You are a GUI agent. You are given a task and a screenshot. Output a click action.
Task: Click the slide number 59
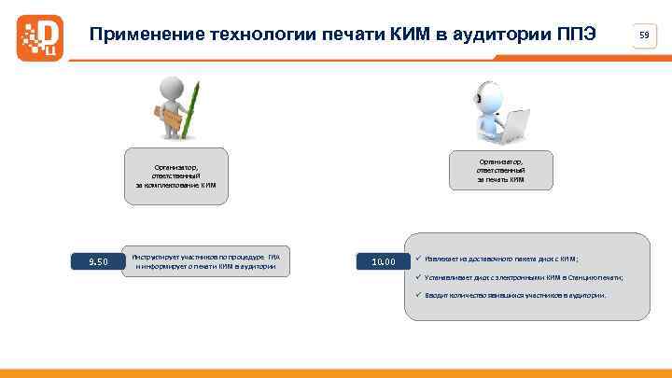(644, 35)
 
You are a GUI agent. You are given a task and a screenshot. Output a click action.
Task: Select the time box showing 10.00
(383, 261)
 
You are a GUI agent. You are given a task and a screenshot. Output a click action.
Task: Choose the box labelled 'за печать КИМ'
(501, 170)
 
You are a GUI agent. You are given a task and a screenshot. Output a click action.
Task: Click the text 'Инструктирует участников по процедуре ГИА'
(205, 255)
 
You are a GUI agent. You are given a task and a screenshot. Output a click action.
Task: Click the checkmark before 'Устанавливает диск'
(420, 277)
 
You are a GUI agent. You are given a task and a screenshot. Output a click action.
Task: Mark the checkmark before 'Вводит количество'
(420, 295)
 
